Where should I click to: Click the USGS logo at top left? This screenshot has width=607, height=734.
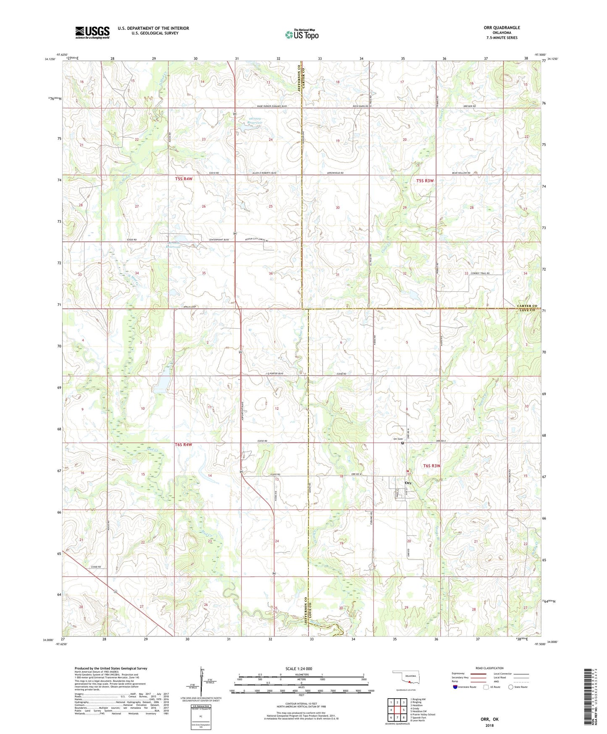coord(92,32)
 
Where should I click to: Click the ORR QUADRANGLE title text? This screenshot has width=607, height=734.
coord(502,28)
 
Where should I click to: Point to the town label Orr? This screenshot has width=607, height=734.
coord(408,483)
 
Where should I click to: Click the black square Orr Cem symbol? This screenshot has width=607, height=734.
coord(402,443)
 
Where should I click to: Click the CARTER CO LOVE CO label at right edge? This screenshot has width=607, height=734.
coord(527,308)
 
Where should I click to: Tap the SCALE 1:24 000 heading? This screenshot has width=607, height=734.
coord(299,668)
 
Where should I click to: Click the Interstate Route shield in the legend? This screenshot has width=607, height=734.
coord(455,687)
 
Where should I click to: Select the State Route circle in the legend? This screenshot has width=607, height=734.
coord(511,687)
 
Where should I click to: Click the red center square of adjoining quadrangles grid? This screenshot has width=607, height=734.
coord(397,710)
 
